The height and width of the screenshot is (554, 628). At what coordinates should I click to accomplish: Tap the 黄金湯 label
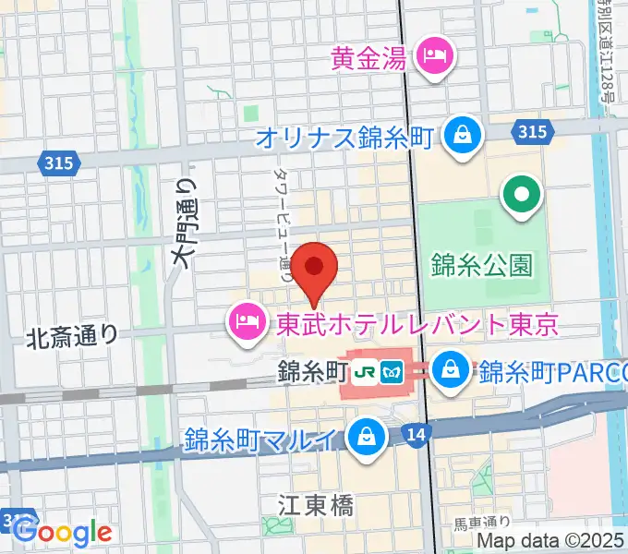coord(369,60)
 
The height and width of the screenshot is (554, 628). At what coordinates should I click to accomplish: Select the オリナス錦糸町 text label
coord(344,138)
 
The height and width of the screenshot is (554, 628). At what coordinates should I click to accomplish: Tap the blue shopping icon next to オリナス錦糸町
coord(459,137)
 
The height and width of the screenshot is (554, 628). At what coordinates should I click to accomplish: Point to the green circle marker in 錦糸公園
coord(521,195)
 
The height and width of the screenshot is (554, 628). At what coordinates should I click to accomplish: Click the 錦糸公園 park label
coord(482,266)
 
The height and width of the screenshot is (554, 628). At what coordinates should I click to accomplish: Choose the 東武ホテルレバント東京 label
coord(418,324)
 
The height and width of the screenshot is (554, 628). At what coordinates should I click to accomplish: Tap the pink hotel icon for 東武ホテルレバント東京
coord(246,322)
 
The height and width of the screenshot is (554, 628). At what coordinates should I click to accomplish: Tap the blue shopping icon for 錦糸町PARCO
coord(451,371)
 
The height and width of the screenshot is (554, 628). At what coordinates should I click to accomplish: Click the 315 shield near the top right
coord(531,132)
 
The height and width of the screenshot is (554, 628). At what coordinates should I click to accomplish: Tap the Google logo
coord(63,532)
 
